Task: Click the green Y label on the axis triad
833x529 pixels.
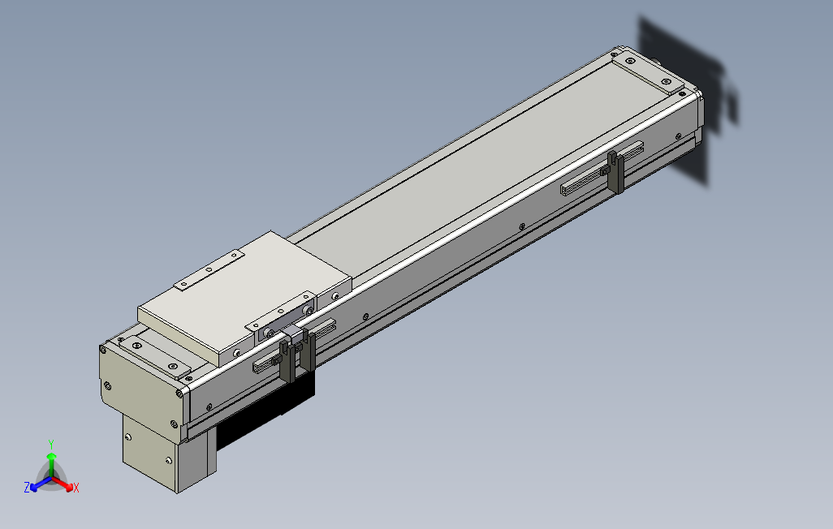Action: [x=51, y=444]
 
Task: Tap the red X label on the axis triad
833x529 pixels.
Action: [x=76, y=488]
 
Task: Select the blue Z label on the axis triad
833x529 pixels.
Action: [x=27, y=487]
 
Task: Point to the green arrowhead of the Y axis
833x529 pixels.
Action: [x=51, y=456]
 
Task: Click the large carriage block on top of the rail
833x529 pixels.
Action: [x=244, y=298]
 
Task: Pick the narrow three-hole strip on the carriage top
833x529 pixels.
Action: [x=209, y=270]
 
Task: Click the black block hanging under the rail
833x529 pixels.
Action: [x=265, y=409]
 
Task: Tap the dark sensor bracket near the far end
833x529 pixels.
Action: [x=616, y=173]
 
